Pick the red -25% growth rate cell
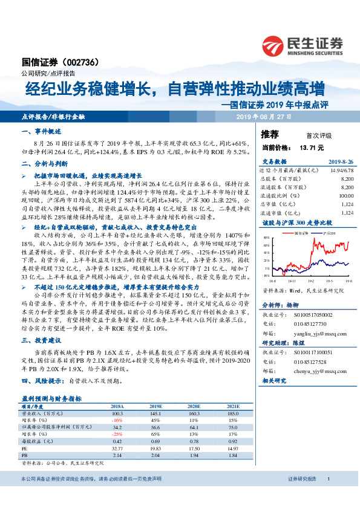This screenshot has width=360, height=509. pos(117,434)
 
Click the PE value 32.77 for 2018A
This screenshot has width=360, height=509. pos(117,449)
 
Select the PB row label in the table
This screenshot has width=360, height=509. pos(25,455)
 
